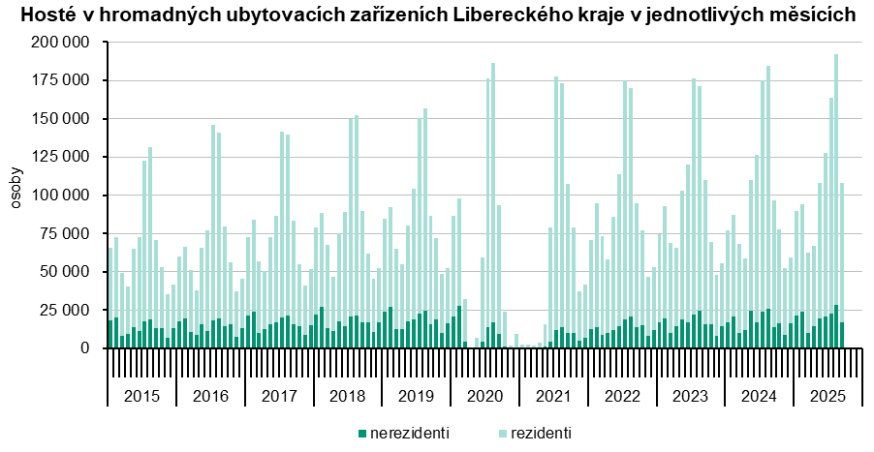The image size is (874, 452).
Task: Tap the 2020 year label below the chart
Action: pyautogui.click(x=484, y=397)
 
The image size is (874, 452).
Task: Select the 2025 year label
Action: pyautogui.click(x=827, y=397)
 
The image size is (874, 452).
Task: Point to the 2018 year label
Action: pyautogui.click(x=347, y=397)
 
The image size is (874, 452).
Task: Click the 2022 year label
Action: pyautogui.click(x=622, y=397)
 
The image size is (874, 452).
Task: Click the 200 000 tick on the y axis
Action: pyautogui.click(x=61, y=44)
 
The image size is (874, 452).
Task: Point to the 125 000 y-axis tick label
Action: pyautogui.click(x=61, y=119)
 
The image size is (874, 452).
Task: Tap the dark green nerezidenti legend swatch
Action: pyautogui.click(x=362, y=433)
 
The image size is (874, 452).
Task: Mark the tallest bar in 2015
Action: pyautogui.click(x=150, y=242)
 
